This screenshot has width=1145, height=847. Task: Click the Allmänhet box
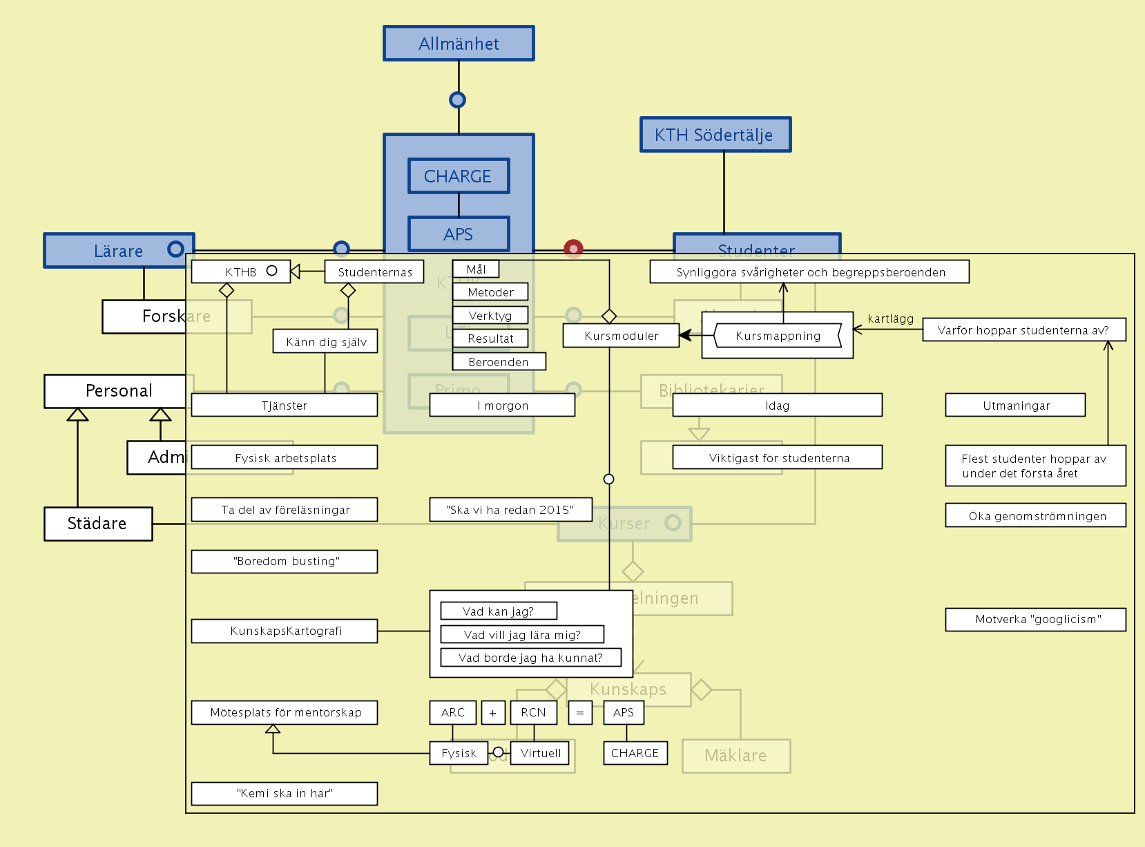tap(459, 44)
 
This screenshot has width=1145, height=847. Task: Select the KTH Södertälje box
tap(715, 135)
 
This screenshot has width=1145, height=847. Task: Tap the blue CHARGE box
tap(459, 176)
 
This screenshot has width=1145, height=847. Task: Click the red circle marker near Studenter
tap(573, 248)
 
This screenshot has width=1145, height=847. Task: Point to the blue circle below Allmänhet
tap(457, 100)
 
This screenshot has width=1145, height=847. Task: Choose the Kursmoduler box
tap(621, 336)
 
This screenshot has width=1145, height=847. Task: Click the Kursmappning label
tap(778, 336)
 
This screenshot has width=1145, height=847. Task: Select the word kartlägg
tap(890, 318)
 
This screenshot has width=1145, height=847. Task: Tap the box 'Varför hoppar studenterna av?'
tap(1023, 330)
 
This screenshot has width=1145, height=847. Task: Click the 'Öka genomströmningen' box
tap(1036, 516)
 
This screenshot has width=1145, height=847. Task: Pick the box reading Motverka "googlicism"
tap(1036, 620)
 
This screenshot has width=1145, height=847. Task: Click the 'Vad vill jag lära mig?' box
tap(522, 635)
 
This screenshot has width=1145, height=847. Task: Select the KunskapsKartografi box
tap(285, 631)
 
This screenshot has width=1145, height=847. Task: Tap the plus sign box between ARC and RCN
tap(493, 713)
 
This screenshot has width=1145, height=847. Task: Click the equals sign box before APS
tap(580, 713)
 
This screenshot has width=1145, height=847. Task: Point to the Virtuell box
tap(540, 753)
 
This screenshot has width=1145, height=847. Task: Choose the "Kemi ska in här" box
tap(285, 793)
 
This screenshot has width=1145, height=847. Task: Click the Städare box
tap(97, 524)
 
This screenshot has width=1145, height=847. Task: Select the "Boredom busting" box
tap(285, 562)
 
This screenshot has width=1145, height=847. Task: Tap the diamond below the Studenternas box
tap(348, 291)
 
